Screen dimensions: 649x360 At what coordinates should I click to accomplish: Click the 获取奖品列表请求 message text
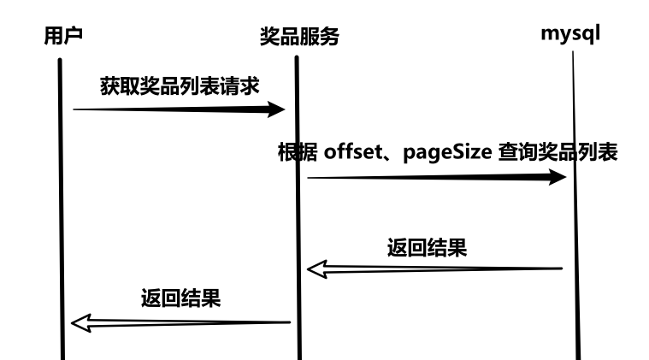coord(178,86)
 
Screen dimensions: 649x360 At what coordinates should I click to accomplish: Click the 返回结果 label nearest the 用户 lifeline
coord(180,299)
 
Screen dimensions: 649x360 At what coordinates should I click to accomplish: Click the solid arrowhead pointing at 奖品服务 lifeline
coord(275,109)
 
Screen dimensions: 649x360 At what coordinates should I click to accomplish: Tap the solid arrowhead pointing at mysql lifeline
coord(557,177)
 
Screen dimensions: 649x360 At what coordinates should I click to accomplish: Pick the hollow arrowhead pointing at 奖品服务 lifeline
coord(318,270)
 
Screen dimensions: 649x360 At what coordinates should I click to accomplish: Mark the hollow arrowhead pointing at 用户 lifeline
coord(82,322)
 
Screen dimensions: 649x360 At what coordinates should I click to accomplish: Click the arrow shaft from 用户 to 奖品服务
coord(171,109)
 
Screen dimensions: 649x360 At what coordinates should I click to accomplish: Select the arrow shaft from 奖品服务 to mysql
coord(428,177)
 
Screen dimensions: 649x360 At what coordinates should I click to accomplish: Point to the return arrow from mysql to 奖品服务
coord(445,269)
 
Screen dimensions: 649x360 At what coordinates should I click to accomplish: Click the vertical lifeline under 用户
coord(62,214)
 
